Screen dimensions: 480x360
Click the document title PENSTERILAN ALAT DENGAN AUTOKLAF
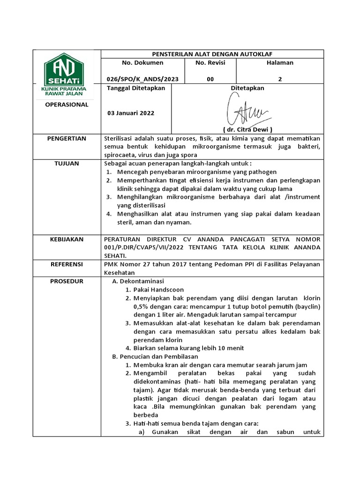point(212,53)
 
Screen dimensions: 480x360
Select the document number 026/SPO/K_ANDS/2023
point(142,79)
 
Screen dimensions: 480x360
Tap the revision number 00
point(210,79)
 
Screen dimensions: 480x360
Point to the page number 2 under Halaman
point(280,79)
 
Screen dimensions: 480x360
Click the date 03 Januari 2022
point(131,113)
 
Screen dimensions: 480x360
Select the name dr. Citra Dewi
point(247,129)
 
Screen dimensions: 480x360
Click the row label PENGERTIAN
point(67,138)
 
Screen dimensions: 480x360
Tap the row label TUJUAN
point(67,164)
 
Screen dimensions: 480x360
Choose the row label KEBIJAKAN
point(67,239)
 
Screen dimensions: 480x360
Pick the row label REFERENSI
point(67,264)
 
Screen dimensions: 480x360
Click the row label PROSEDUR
point(67,281)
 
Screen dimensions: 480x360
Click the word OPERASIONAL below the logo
point(67,105)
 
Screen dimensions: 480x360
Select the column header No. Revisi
point(210,62)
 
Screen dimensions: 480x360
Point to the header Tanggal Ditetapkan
point(136,88)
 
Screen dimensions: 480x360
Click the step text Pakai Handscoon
point(158,290)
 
